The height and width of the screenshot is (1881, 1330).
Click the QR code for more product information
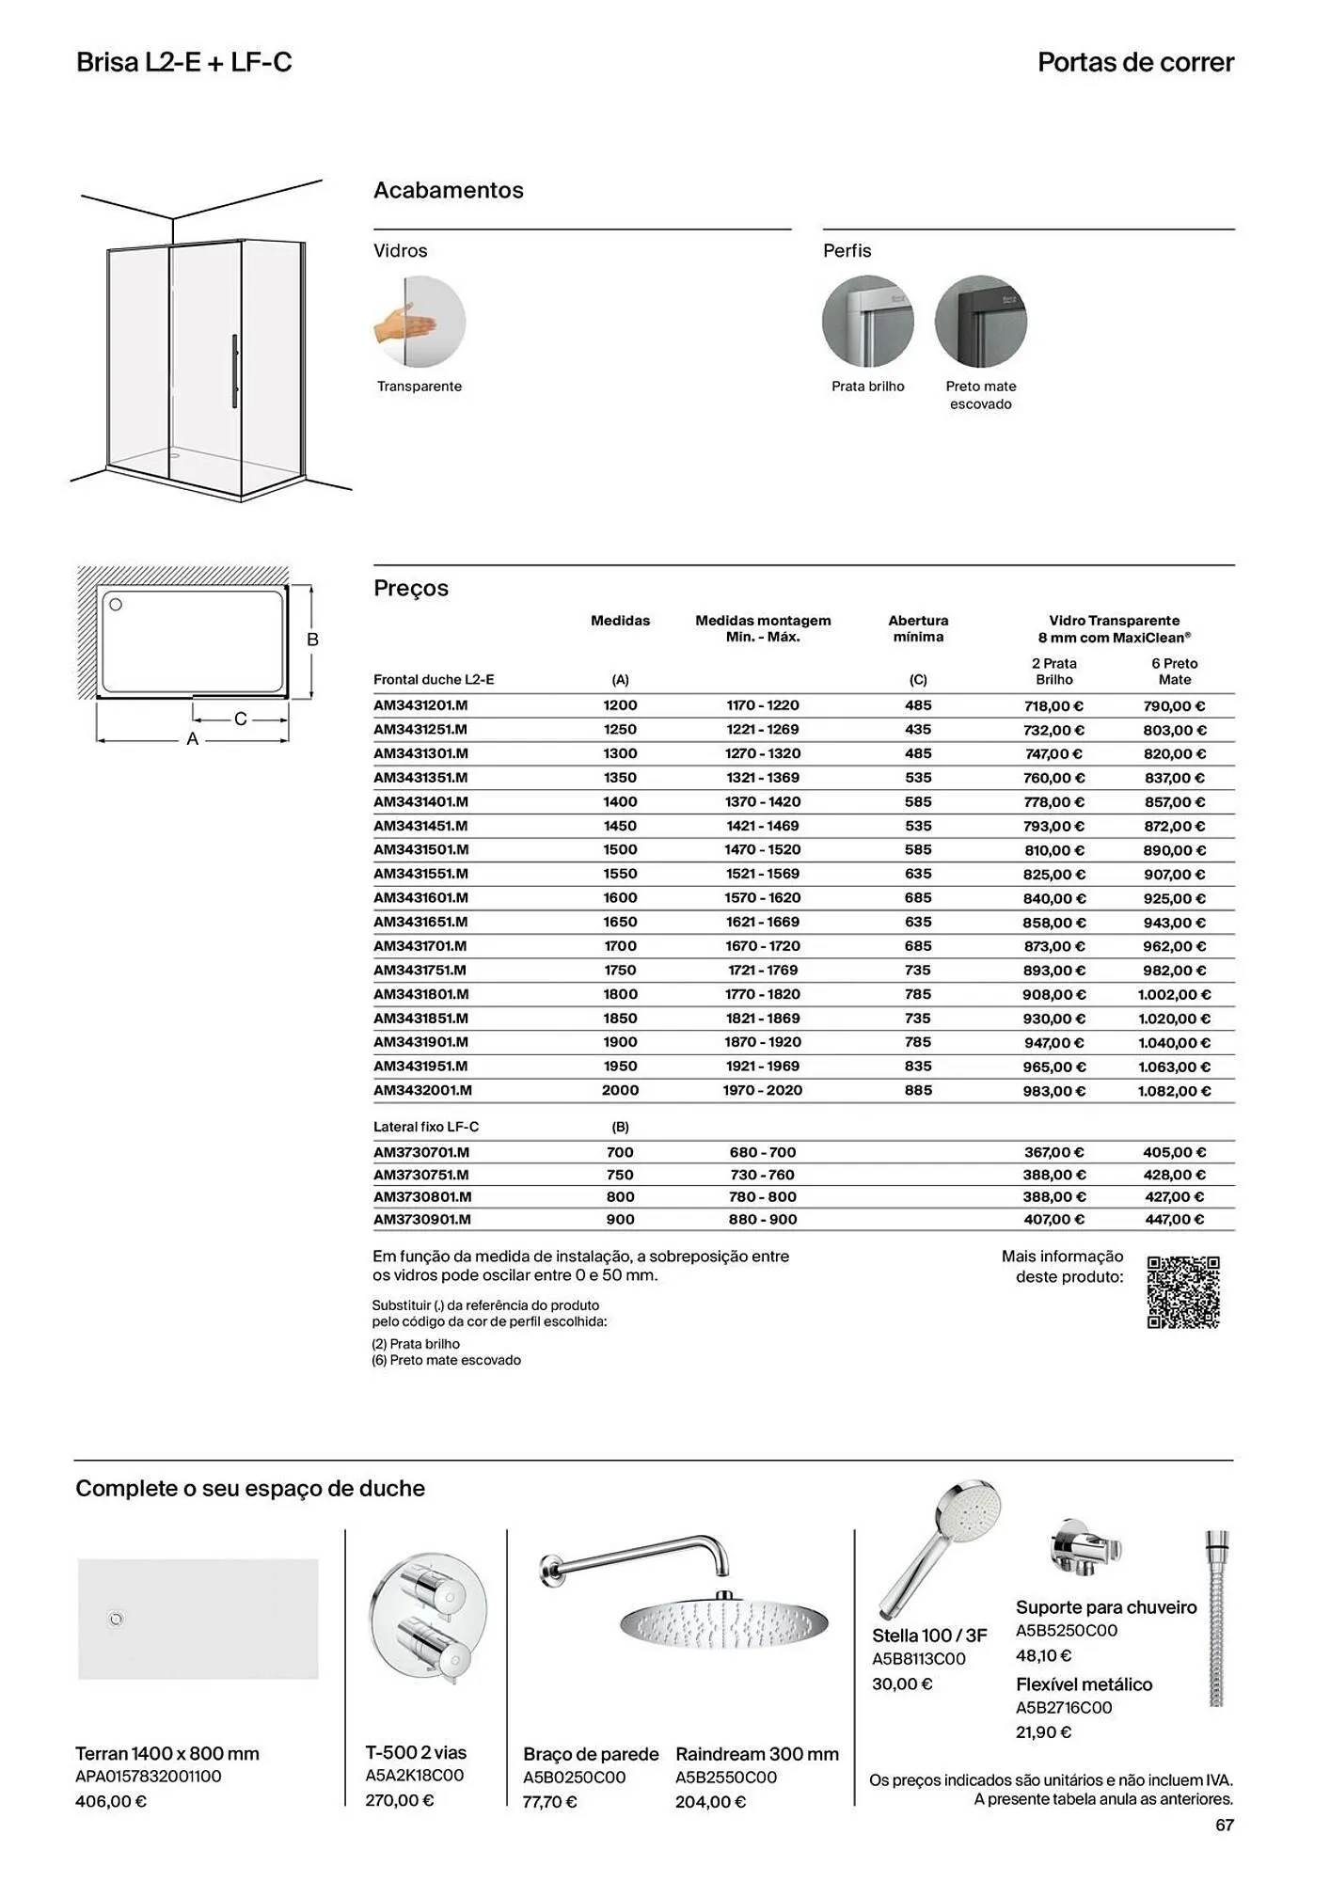1182,1291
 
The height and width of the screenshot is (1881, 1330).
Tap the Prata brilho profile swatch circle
867,322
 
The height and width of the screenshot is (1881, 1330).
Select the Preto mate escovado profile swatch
980,322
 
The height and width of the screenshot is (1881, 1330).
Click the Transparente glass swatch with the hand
420,322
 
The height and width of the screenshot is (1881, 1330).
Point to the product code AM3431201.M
420,705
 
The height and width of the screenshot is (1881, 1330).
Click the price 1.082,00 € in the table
1174,1091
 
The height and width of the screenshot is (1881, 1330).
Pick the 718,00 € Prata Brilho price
1053,706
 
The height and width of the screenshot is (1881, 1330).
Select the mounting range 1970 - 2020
762,1091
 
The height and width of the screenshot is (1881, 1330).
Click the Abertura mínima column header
918,628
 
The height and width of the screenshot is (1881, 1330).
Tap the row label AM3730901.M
422,1220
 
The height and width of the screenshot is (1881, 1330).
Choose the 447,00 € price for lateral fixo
1174,1220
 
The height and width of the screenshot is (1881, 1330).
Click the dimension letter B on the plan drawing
313,640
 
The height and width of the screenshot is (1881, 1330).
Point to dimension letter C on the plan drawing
241,719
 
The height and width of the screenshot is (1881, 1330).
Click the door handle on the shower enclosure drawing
234,371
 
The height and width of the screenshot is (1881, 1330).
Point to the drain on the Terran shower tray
117,1619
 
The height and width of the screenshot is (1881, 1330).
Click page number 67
1224,1826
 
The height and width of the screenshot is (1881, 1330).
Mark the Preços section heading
411,589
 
